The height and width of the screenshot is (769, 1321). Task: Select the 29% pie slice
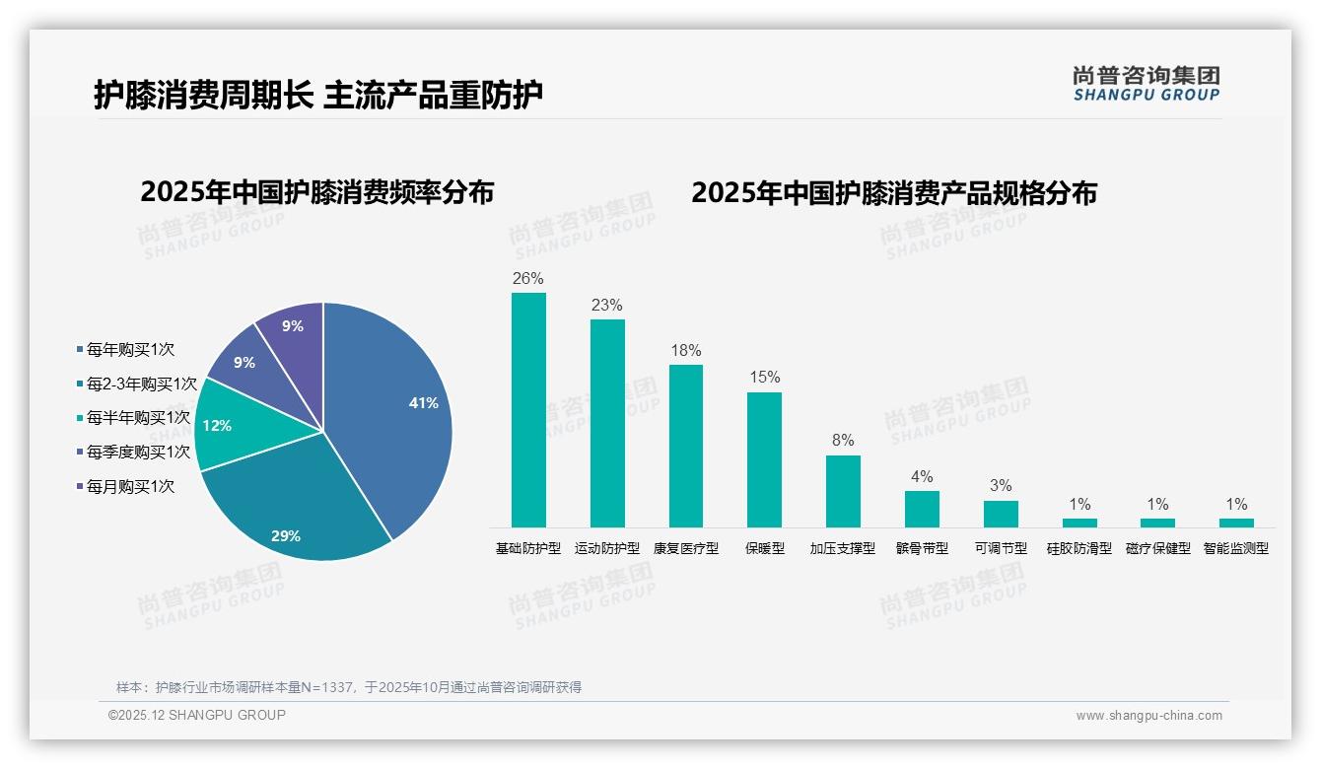[x=296, y=513]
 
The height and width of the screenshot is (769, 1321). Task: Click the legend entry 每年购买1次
[x=130, y=349]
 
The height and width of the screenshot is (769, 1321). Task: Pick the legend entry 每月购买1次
[x=130, y=486]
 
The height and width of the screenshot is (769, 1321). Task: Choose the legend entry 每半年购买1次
[x=137, y=418]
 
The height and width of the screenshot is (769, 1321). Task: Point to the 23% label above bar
[x=607, y=306]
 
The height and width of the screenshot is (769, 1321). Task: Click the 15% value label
[x=764, y=378]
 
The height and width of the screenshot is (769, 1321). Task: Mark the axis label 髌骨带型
[x=922, y=548]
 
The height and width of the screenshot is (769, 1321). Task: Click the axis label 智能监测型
[x=1236, y=548]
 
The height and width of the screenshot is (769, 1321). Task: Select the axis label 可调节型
[x=1001, y=548]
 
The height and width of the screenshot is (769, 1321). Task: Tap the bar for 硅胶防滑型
[x=1079, y=523]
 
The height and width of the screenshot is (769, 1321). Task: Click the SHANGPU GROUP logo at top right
[x=1147, y=84]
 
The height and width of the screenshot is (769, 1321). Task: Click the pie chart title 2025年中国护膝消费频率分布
[x=317, y=192]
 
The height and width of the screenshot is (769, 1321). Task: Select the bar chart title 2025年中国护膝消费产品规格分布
[x=894, y=193]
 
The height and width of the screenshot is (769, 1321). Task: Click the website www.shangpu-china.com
[x=1148, y=716]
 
